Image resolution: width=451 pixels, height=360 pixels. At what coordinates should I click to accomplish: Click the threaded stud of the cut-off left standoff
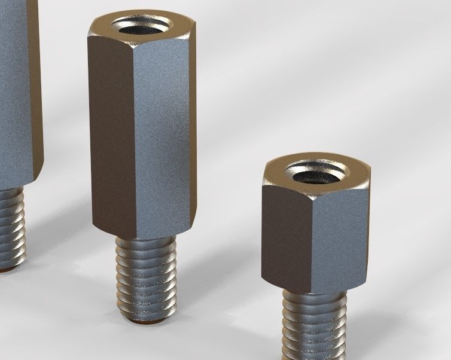tap(13, 227)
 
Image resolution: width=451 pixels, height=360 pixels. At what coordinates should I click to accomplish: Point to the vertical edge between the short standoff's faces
tap(312, 245)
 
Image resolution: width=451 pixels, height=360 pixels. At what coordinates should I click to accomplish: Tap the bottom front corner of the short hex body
tap(312, 293)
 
